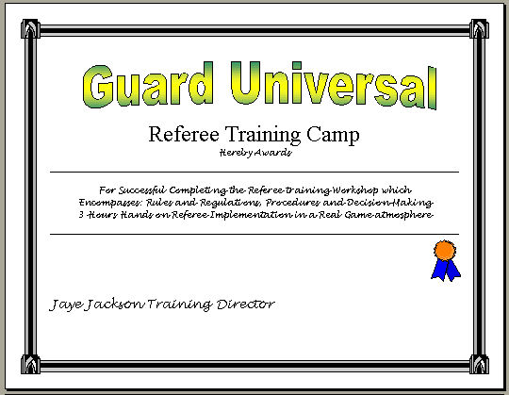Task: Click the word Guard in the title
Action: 148,85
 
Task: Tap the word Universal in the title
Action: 334,85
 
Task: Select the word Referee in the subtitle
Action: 184,134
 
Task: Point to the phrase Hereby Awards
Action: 255,153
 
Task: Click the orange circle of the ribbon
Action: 445,250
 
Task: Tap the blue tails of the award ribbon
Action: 446,270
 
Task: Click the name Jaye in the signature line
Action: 64,304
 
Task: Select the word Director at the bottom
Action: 245,304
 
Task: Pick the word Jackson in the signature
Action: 114,304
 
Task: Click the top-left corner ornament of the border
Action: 30,29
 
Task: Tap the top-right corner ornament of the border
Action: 479,29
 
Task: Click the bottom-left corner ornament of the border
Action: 30,364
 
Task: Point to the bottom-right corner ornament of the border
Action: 479,364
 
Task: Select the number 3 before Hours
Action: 81,215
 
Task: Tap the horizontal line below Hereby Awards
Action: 254,172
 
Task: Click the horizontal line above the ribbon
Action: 254,234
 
